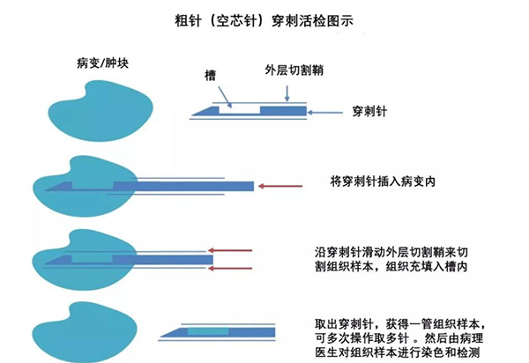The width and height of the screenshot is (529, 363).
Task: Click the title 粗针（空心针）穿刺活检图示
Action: [x=264, y=18]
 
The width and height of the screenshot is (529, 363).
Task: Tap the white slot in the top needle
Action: [x=239, y=111]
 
